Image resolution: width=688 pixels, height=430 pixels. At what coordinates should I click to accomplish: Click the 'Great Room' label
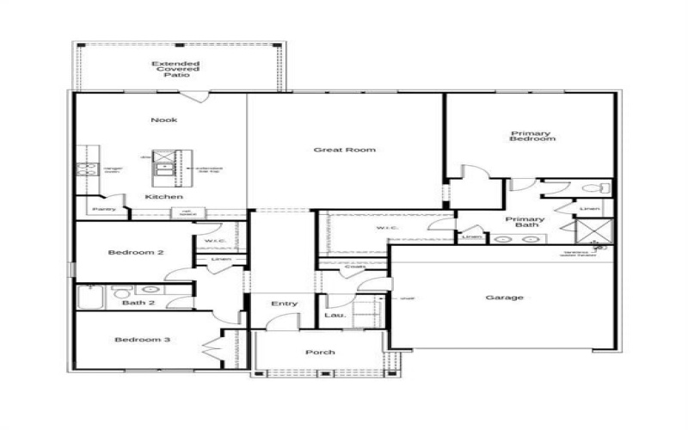345,150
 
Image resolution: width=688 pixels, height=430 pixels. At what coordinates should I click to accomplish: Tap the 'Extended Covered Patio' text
176,69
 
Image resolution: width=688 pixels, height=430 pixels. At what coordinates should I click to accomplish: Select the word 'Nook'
163,120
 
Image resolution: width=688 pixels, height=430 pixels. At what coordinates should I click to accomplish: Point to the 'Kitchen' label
163,197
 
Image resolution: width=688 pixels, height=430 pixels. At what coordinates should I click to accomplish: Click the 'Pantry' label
103,209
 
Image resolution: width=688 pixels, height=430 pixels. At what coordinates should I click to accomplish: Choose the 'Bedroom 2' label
136,252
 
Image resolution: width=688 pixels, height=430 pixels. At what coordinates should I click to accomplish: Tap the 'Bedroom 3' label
143,340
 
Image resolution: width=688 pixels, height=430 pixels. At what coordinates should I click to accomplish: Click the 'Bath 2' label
138,303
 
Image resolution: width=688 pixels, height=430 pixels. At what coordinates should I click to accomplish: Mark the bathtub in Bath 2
90,295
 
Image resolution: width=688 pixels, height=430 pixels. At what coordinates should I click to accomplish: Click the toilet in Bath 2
120,290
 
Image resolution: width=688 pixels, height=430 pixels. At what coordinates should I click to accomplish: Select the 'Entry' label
284,303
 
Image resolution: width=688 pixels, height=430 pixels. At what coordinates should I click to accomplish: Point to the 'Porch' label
320,353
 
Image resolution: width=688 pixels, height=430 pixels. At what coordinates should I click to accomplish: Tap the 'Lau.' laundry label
335,316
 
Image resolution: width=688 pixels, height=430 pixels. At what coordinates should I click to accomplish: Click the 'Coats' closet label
354,267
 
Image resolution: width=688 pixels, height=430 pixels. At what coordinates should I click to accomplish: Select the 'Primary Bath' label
525,224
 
